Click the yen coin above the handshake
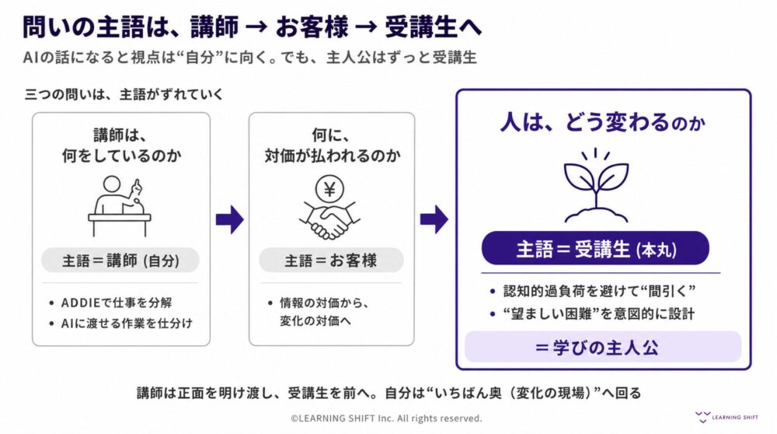coord(329,189)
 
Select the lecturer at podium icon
coord(120,205)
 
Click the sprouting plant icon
coord(596,185)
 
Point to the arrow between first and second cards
coord(229,219)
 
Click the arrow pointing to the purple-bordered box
coord(434,219)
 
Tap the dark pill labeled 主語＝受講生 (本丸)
coord(595,248)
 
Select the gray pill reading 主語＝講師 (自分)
coord(120,261)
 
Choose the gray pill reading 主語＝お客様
coord(331,261)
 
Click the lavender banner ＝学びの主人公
coord(603,347)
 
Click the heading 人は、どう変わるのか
coord(603,122)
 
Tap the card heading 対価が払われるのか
coord(332,156)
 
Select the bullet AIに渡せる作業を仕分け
coord(127,324)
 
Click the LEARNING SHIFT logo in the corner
coord(726,417)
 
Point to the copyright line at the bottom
coord(386,418)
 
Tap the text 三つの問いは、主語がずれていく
coord(124,94)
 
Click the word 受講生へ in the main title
coord(433,26)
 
